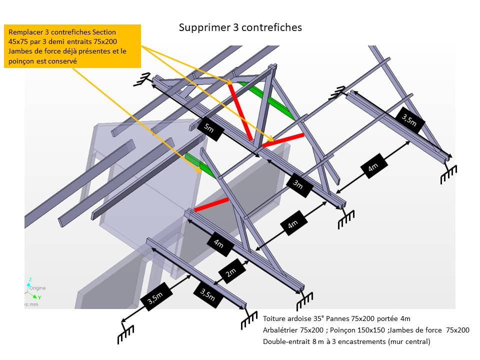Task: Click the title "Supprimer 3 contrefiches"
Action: pos(240,27)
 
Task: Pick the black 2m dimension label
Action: pos(231,273)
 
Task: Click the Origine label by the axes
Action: pos(37,288)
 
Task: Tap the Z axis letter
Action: pos(30,279)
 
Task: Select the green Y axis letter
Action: pos(39,297)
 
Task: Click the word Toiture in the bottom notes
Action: pos(275,318)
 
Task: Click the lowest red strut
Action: pos(211,204)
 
